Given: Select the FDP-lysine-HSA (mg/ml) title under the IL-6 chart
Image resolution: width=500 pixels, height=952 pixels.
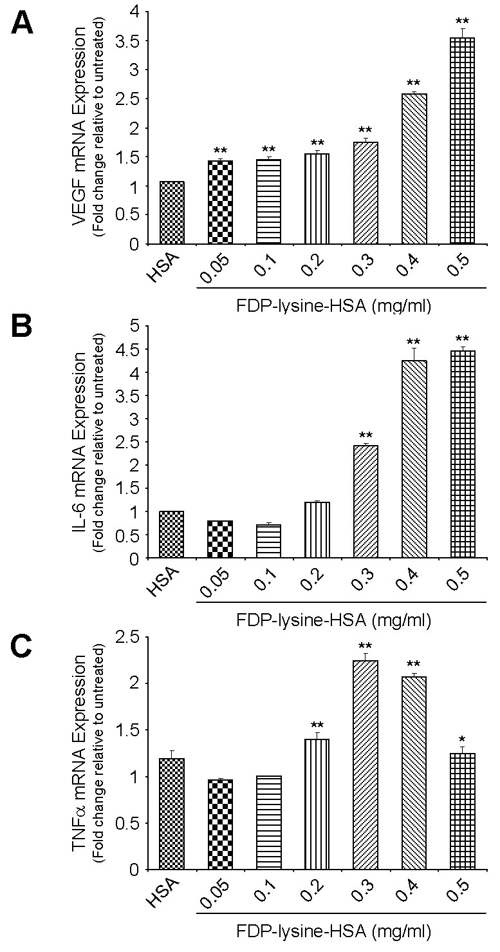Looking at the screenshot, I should pyautogui.click(x=333, y=620).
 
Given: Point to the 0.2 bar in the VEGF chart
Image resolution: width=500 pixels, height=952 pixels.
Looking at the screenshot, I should pyautogui.click(x=316, y=199).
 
